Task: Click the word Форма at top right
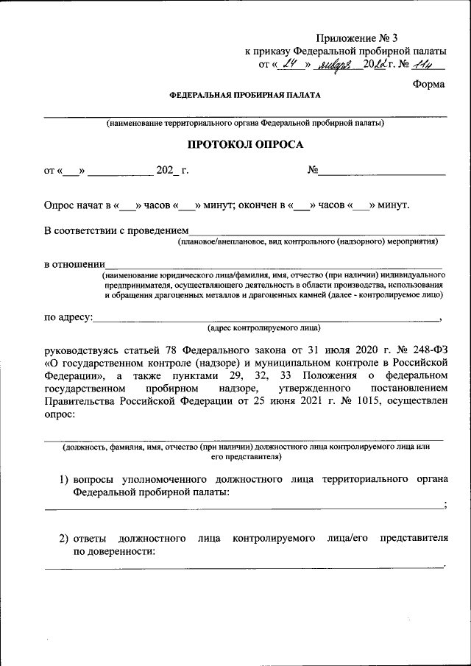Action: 428,84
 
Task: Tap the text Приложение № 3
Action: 357,38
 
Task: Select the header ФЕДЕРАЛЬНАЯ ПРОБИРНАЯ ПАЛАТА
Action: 244,96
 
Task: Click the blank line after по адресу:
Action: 265,318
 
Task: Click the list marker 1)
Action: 64,480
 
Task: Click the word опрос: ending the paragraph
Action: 60,416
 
